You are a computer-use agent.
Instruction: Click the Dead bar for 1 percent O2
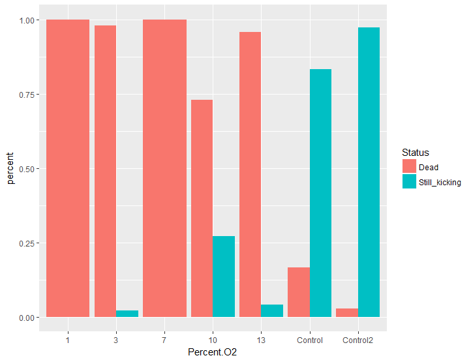pyautogui.click(x=68, y=168)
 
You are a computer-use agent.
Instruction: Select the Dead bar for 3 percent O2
pyautogui.click(x=105, y=171)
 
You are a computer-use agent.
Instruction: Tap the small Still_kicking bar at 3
pyautogui.click(x=127, y=314)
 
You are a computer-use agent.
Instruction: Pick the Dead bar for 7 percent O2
pyautogui.click(x=164, y=168)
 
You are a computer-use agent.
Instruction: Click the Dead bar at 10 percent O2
pyautogui.click(x=202, y=209)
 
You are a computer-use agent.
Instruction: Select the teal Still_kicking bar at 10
pyautogui.click(x=224, y=277)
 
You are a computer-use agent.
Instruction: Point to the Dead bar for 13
pyautogui.click(x=251, y=174)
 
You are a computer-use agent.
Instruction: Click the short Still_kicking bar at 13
pyautogui.click(x=272, y=310)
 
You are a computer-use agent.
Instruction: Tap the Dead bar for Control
pyautogui.click(x=299, y=292)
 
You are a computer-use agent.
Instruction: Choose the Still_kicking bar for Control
pyautogui.click(x=321, y=193)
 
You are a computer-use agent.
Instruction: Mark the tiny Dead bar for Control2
pyautogui.click(x=347, y=312)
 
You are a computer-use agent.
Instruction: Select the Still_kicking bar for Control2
pyautogui.click(x=369, y=172)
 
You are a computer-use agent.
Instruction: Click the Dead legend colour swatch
pyautogui.click(x=410, y=166)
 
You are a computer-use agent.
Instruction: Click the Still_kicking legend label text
pyautogui.click(x=440, y=182)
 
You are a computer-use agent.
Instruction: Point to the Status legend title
pyautogui.click(x=416, y=153)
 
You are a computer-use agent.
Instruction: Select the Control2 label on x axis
pyautogui.click(x=357, y=340)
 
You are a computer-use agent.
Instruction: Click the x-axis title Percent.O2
pyautogui.click(x=213, y=352)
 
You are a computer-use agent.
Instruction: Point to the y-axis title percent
pyautogui.click(x=10, y=168)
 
